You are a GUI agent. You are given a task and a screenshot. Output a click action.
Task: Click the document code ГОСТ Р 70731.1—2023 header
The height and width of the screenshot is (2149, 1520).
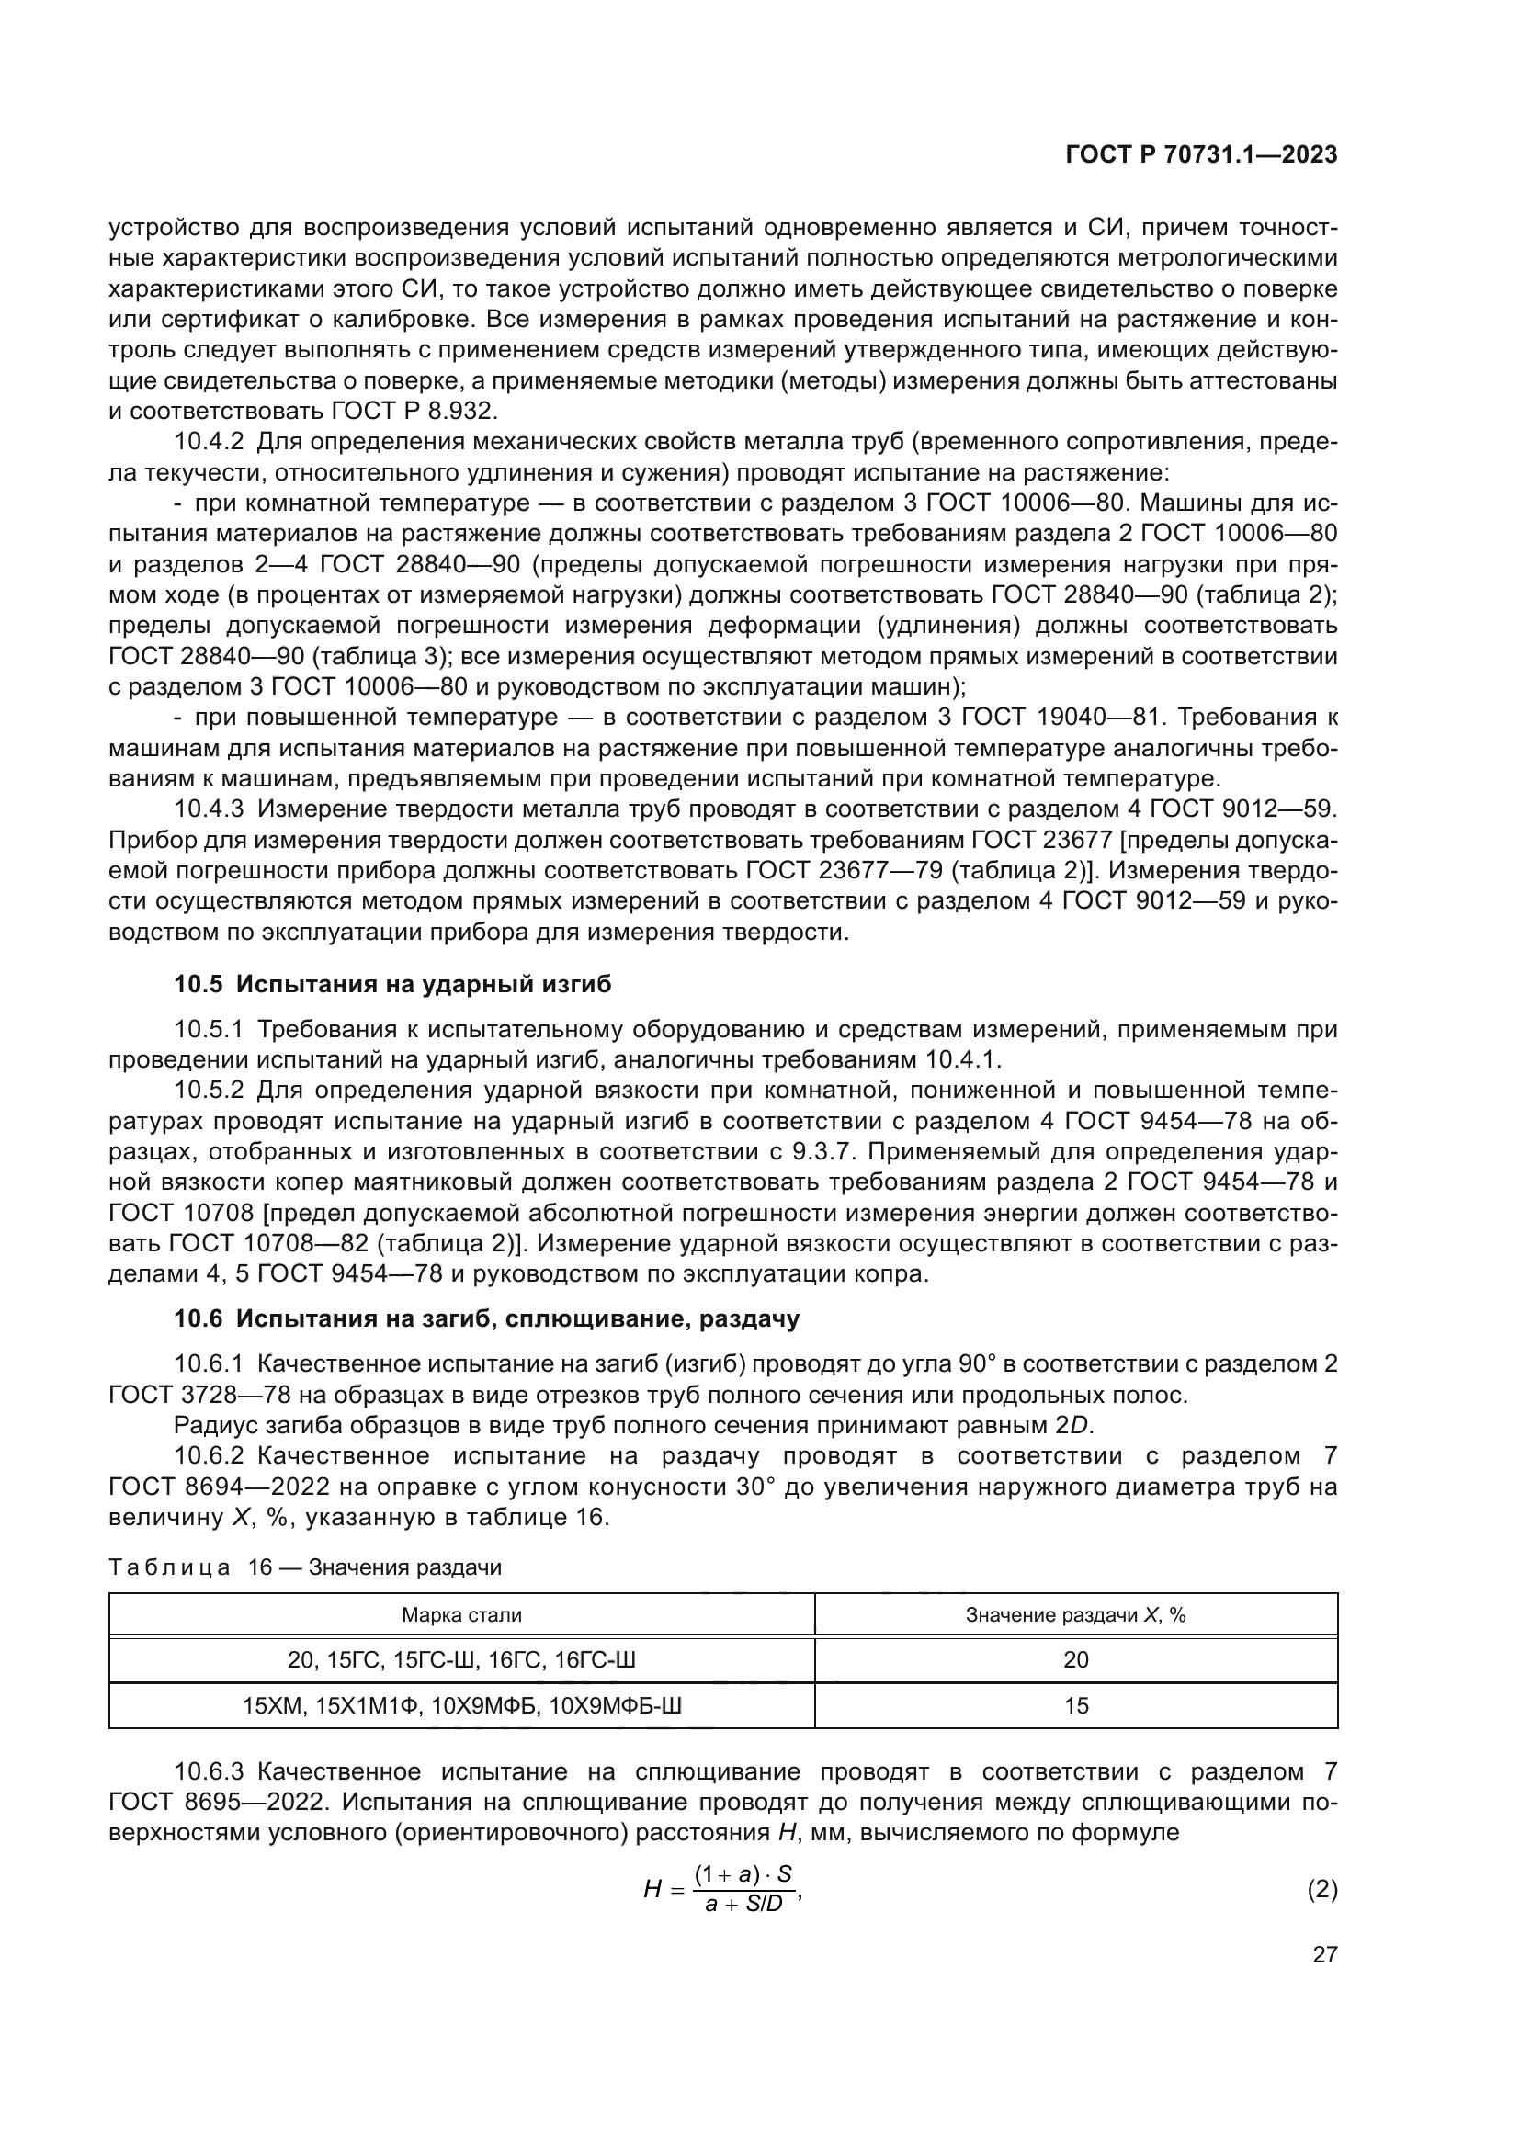coord(1201,155)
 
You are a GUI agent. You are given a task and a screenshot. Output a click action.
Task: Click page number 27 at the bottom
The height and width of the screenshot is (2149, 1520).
coord(1324,1955)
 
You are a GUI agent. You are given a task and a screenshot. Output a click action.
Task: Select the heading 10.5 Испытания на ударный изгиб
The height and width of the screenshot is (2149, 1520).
coord(392,984)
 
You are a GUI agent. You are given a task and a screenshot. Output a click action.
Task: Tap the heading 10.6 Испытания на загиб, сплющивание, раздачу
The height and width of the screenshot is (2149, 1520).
coord(487,1318)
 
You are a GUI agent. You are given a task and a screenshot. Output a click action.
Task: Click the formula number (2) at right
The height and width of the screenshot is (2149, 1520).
coord(1321,1889)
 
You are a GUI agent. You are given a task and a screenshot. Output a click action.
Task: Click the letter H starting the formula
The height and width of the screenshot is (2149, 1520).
coord(652,1890)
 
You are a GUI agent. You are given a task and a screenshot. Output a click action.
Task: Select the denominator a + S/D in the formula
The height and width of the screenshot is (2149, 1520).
coord(743,1904)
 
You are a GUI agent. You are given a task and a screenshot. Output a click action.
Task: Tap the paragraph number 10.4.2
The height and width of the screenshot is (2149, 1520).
coord(209,442)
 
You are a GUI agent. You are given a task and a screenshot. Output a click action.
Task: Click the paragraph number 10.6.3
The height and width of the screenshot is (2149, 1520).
coord(209,1771)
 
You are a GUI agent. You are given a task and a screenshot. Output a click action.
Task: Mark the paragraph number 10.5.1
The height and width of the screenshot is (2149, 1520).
coord(209,1030)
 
